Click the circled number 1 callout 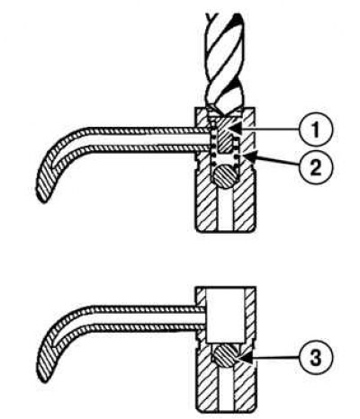(x=316, y=129)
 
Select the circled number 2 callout (x=316, y=166)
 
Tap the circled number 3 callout (x=316, y=357)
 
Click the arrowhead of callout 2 (x=251, y=156)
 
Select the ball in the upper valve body (x=227, y=177)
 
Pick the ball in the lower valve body (x=226, y=356)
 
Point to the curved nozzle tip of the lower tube (x=45, y=361)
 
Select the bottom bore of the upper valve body (x=225, y=209)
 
